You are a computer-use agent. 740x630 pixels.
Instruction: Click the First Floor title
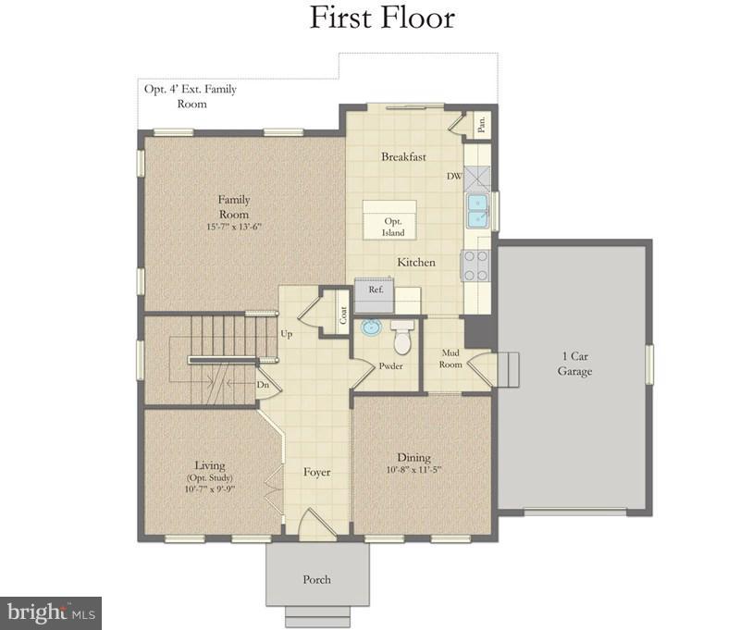coord(382,18)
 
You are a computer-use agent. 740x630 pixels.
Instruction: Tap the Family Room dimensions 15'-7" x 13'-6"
coord(234,228)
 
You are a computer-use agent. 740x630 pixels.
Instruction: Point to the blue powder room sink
coord(371,327)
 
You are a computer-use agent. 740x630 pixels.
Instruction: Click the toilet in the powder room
coord(402,339)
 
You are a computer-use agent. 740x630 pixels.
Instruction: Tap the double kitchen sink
coord(477,212)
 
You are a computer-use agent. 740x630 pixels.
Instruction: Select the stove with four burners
coord(475,266)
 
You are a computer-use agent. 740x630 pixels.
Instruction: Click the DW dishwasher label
coord(454,176)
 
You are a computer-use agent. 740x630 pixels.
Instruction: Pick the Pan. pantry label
coord(481,123)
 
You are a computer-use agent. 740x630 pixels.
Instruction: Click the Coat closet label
coord(342,315)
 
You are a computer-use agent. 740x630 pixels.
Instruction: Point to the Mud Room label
coord(450,358)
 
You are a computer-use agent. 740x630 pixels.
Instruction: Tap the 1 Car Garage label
coord(573,364)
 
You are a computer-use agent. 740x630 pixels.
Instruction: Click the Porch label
coord(316,580)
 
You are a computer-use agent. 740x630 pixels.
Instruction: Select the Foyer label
coord(317,473)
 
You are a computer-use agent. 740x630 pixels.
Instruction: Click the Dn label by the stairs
coord(263,385)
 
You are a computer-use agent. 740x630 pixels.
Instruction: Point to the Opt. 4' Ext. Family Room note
coord(189,97)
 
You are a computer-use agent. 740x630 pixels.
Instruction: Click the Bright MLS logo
coord(51,612)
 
